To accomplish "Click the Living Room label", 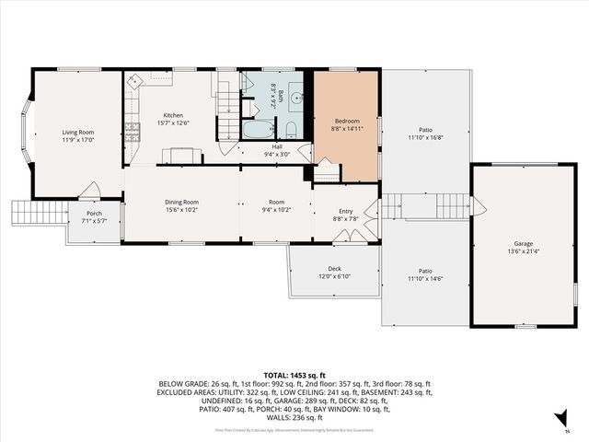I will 78,132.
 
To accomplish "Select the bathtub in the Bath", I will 257,129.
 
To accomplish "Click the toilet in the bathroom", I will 290,129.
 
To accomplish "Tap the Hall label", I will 277,146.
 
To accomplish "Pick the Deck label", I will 334,269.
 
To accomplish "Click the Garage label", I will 522,245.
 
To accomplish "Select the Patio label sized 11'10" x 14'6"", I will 425,271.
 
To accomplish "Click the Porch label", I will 94,216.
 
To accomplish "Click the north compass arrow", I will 560,422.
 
